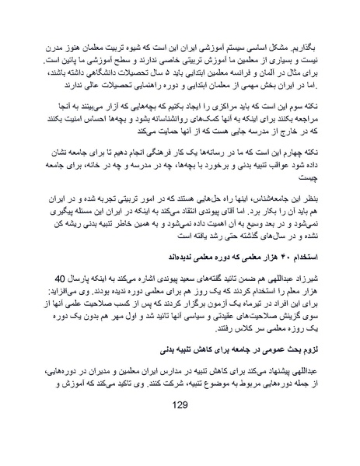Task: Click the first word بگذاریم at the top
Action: [x=307, y=39]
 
